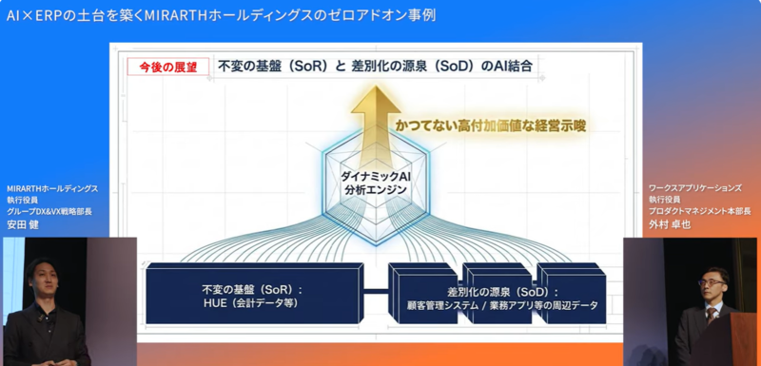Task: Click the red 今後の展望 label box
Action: [x=168, y=67]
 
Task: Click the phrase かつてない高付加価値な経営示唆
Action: [x=491, y=126]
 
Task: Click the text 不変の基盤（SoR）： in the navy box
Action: [x=252, y=290]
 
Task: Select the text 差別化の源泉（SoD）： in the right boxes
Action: [x=502, y=292]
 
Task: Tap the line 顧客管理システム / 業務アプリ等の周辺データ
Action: [x=503, y=305]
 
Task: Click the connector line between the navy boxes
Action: [x=376, y=291]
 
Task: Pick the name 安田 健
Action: [x=22, y=225]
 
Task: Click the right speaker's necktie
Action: [x=711, y=316]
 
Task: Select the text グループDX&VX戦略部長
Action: [x=49, y=211]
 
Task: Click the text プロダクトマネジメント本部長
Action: [x=700, y=211]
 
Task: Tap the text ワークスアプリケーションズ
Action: [x=695, y=188]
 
